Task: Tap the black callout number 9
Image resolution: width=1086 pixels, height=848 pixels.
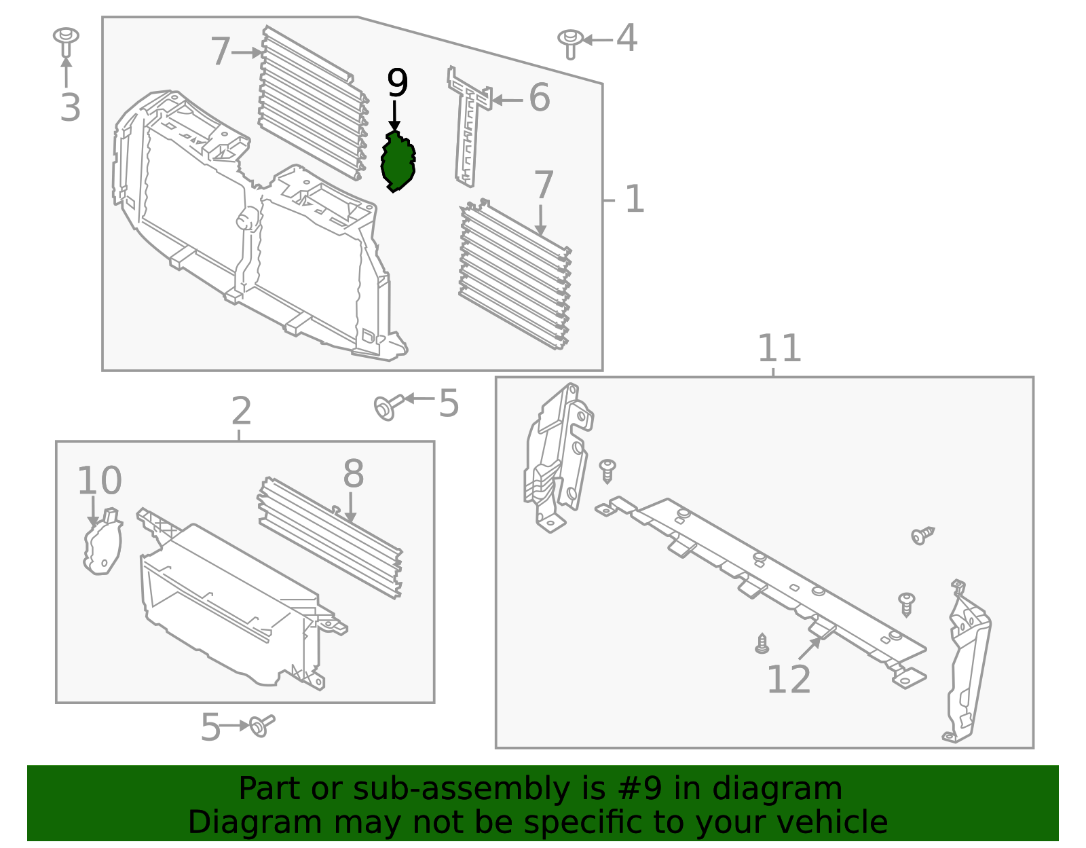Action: (x=397, y=84)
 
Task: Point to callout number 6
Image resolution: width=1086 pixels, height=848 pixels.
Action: (x=539, y=98)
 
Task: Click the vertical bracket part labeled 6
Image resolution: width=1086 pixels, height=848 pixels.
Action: (x=468, y=129)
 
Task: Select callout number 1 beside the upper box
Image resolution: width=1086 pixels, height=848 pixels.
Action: (x=634, y=200)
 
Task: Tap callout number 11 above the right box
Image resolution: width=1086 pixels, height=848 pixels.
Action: (x=779, y=349)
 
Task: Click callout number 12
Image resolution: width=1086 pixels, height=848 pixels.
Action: (x=788, y=680)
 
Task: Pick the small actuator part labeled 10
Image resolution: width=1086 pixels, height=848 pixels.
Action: (x=102, y=543)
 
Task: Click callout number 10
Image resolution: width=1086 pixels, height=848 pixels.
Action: (x=99, y=481)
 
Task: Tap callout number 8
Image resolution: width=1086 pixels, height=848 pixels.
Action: (x=353, y=474)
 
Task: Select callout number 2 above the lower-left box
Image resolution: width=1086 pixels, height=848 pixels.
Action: (x=241, y=411)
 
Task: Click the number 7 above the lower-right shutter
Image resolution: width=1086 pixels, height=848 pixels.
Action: (x=544, y=185)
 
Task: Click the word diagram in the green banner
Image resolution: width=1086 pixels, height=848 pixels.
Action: (x=776, y=789)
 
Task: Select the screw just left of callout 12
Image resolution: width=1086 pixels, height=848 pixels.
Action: (x=762, y=643)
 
